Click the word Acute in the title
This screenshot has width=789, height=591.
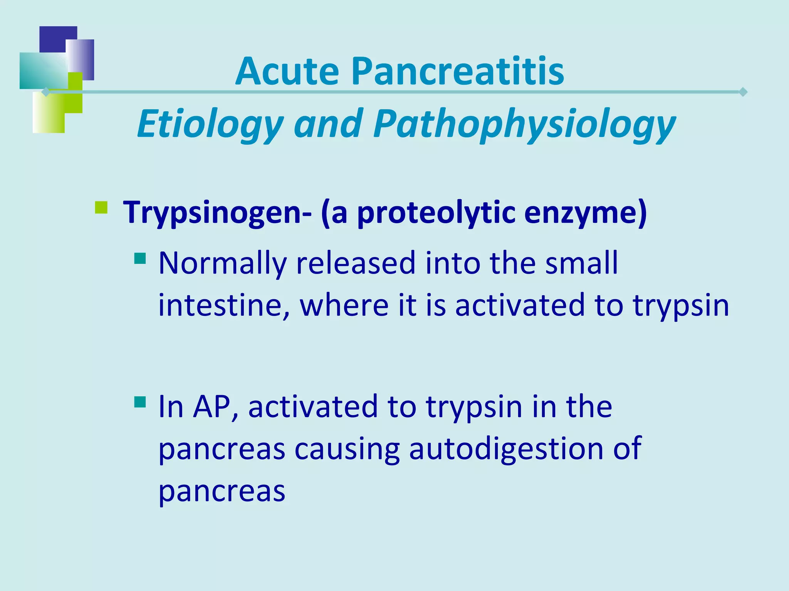287,72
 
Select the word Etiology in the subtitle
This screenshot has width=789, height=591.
210,124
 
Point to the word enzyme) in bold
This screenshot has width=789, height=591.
586,213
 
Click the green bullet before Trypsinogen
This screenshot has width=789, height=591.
101,208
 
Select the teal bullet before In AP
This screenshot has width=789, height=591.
140,402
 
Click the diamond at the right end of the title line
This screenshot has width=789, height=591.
743,92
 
